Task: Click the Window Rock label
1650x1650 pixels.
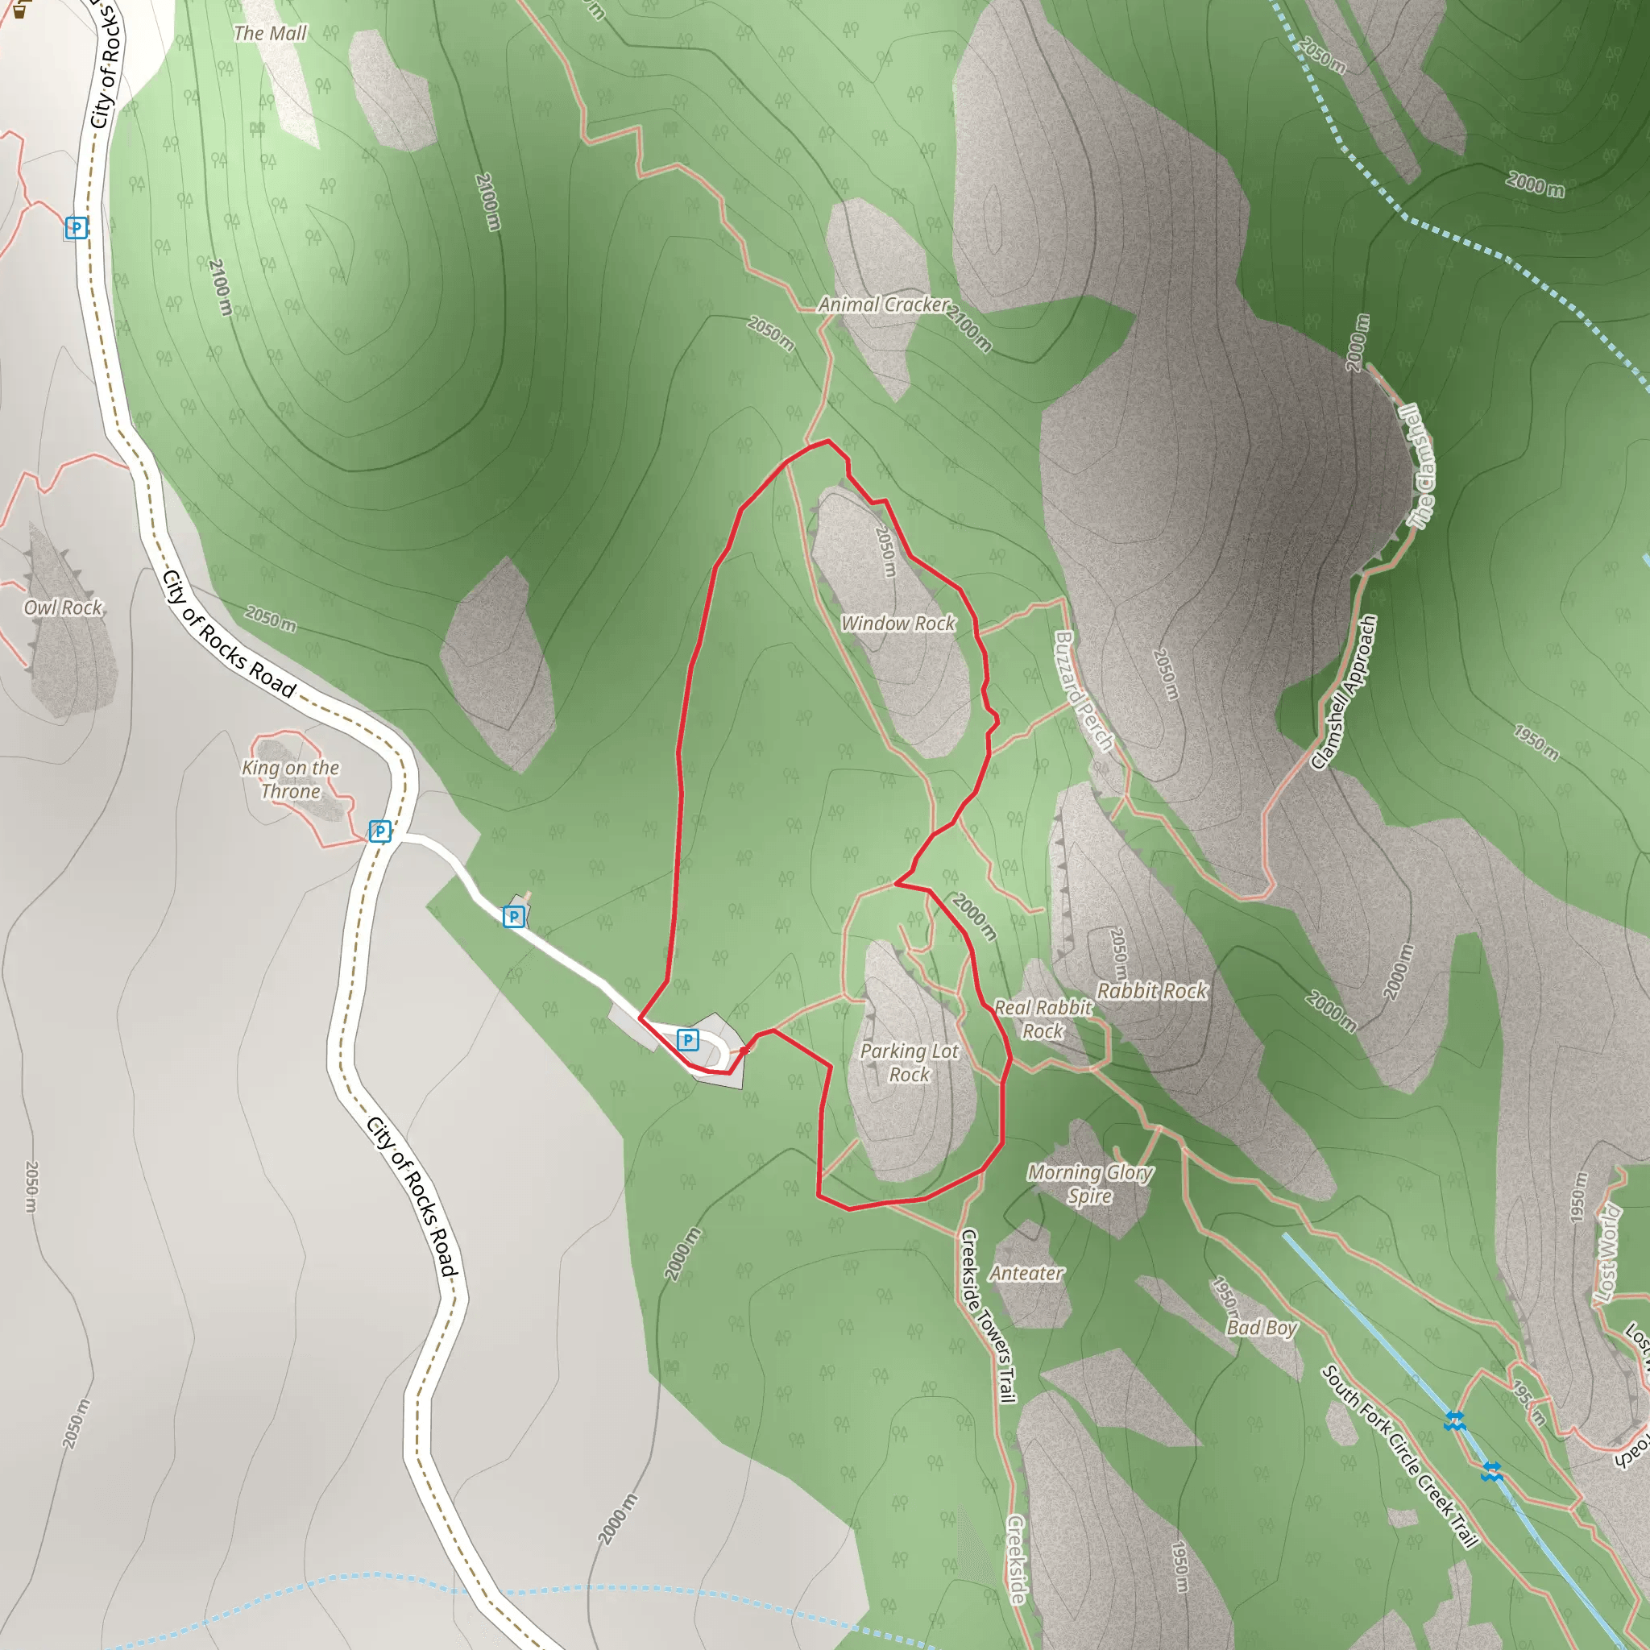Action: [898, 624]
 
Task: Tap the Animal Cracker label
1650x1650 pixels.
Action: [883, 305]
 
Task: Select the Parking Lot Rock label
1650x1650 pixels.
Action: [909, 1063]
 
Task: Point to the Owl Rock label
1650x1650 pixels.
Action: [63, 607]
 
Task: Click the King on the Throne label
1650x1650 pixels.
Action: [290, 780]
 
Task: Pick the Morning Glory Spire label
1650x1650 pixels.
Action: [1090, 1184]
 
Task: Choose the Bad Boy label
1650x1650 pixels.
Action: [1262, 1328]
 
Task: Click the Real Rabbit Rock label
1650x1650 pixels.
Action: [1043, 1019]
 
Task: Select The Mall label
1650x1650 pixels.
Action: [270, 33]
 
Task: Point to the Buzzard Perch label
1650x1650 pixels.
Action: [1084, 691]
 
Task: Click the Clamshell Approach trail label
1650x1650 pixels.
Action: [1345, 693]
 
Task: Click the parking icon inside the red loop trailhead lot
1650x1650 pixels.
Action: [687, 1039]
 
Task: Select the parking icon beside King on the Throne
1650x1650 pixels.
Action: [380, 831]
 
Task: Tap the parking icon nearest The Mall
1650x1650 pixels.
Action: [77, 228]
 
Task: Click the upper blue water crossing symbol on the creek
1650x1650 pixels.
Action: [1455, 1421]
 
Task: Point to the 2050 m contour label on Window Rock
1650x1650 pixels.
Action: [885, 551]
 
